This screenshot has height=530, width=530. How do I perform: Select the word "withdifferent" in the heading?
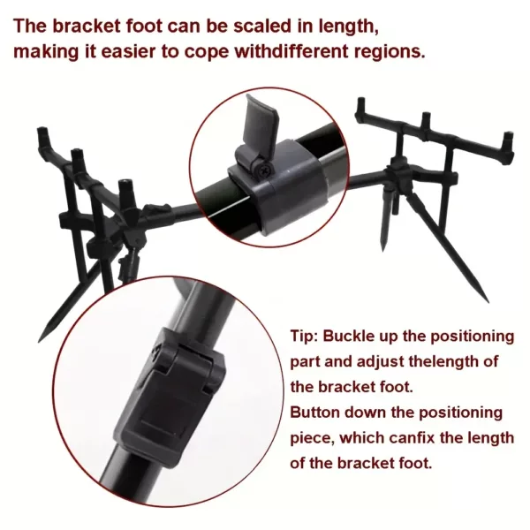pyautogui.click(x=291, y=51)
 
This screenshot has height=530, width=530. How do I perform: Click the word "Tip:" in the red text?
pyautogui.click(x=304, y=337)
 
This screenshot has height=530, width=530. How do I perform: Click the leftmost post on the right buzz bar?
pyautogui.click(x=360, y=108)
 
